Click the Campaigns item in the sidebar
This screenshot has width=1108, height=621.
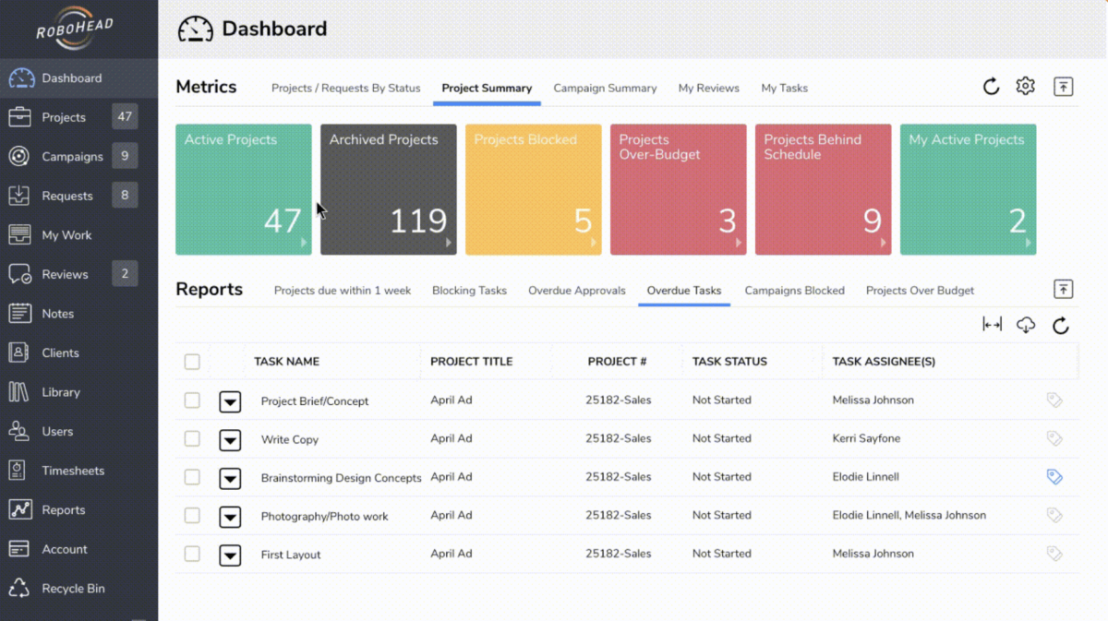[72, 157]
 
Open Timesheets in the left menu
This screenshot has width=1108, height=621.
[73, 471]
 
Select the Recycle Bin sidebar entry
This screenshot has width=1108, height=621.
[73, 589]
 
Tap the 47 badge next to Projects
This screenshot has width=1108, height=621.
[125, 117]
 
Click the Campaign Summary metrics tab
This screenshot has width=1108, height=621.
[605, 89]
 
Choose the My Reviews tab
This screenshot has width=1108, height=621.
[708, 89]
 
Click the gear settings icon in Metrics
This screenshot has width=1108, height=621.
[1025, 87]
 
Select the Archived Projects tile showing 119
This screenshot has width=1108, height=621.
[388, 189]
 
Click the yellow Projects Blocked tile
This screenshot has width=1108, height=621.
[533, 189]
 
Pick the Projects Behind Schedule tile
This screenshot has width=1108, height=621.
[823, 189]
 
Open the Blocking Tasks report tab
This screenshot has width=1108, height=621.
[469, 291]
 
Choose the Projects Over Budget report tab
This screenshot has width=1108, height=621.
[920, 291]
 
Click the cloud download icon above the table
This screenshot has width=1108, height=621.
[1026, 325]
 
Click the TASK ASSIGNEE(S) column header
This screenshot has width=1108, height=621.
[884, 362]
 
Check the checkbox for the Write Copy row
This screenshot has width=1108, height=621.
[192, 439]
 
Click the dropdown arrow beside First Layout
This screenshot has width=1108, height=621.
[230, 555]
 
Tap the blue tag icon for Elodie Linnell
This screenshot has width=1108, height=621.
[1054, 477]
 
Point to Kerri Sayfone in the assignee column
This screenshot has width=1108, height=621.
[866, 439]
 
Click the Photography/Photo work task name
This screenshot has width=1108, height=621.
[324, 517]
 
